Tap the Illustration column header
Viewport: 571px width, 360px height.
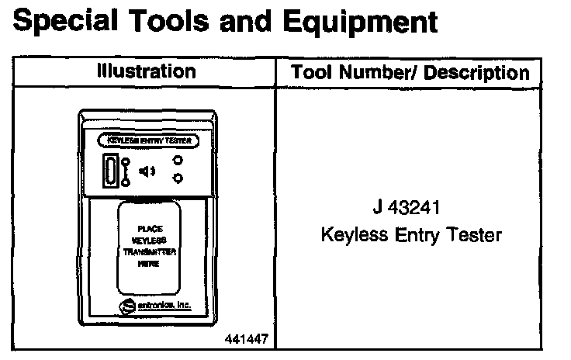click(146, 72)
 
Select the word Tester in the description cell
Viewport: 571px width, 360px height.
click(472, 234)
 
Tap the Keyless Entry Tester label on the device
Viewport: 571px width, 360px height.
click(147, 141)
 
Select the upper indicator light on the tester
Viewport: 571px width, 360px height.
click(178, 161)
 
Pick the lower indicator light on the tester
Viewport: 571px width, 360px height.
click(178, 180)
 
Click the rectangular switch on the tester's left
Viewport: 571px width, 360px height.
click(111, 170)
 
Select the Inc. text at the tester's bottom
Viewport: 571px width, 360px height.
click(182, 306)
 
